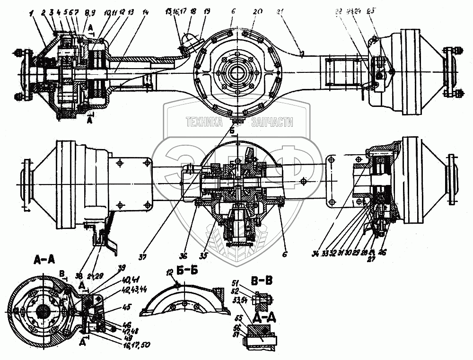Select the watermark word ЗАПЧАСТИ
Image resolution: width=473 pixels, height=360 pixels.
point(273,123)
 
